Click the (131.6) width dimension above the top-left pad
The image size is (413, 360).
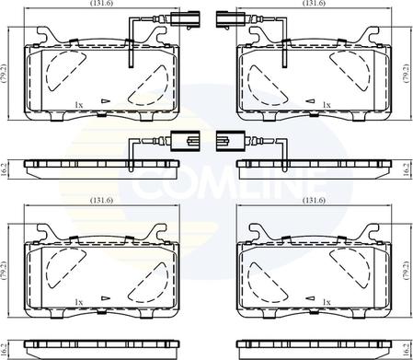pos(101,3)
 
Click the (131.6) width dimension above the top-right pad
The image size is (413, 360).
pos(314,3)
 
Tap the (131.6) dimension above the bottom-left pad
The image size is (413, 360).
pos(101,201)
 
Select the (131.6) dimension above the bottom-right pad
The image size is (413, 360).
pos(314,201)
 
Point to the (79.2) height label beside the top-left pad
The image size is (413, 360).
pos(4,74)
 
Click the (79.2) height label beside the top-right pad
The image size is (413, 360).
pos(406,74)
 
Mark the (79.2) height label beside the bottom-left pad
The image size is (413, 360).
pos(4,271)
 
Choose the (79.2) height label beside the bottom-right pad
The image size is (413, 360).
pos(406,271)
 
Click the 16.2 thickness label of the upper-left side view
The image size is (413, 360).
pos(4,169)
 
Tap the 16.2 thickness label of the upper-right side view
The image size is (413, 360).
pos(407,169)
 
